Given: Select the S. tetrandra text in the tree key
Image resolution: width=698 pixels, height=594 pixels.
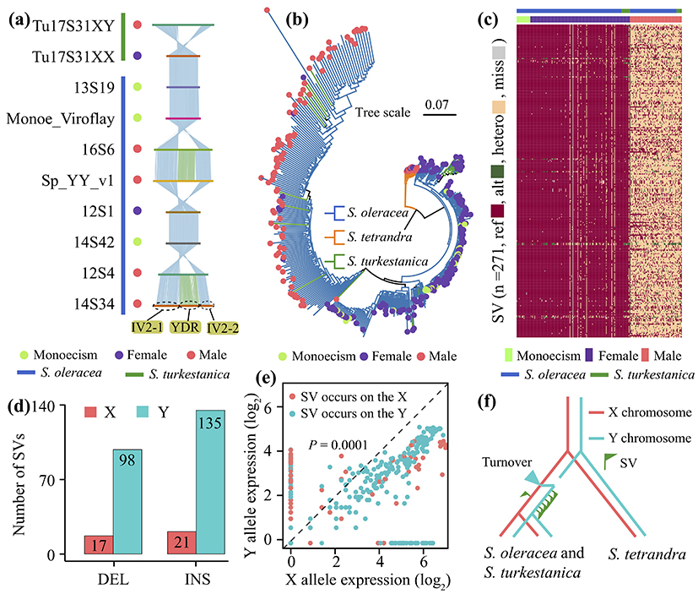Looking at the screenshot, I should coord(392,236).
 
